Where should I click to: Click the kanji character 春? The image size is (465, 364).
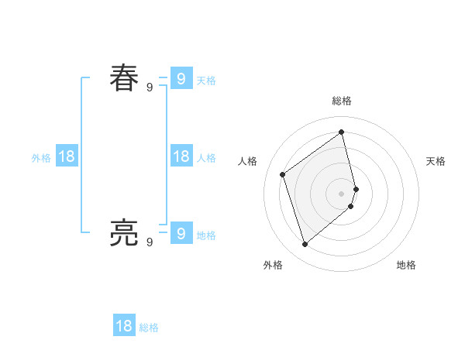[124, 78]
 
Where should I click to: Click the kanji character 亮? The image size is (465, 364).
[124, 232]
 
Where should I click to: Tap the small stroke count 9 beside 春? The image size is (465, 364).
[150, 88]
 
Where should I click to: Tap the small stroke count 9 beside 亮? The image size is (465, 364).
[150, 242]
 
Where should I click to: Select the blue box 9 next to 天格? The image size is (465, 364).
[181, 78]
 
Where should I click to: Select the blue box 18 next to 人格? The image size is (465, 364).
[181, 156]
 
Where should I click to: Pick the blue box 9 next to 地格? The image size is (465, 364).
[181, 232]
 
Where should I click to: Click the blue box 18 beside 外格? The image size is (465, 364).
[67, 156]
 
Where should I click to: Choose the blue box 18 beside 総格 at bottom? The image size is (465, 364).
[124, 326]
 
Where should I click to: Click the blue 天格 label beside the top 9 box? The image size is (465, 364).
[206, 81]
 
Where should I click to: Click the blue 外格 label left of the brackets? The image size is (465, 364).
[41, 158]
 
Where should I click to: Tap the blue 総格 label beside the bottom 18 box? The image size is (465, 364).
[149, 328]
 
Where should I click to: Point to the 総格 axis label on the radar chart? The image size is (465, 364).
[342, 101]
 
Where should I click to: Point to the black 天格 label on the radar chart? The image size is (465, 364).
[436, 161]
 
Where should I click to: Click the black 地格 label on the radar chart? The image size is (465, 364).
[406, 265]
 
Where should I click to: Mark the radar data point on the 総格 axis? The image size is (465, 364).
[342, 132]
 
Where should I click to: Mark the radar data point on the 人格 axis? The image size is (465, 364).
[283, 174]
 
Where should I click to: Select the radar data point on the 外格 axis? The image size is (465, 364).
[305, 245]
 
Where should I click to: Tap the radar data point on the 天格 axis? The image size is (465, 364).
[356, 188]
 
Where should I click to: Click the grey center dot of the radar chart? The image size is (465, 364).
[342, 193]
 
